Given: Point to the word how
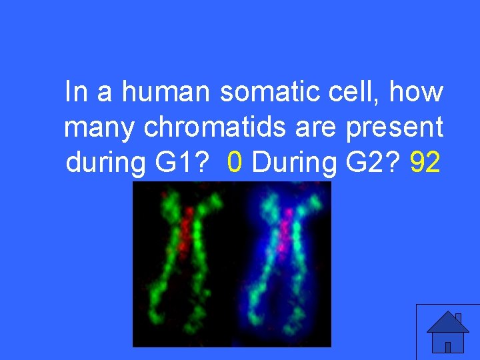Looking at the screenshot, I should (x=417, y=92).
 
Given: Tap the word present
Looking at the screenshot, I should (x=395, y=127).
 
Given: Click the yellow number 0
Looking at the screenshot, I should (x=233, y=161).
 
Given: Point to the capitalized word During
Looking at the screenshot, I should (x=289, y=161).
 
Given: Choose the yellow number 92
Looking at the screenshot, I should (x=425, y=161).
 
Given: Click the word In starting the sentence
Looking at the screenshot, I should (x=76, y=92).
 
